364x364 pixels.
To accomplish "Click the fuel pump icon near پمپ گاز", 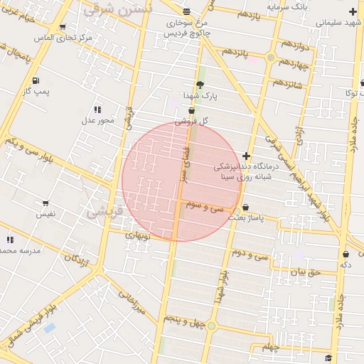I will [x=36, y=80].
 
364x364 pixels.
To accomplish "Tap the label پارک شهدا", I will [x=200, y=95].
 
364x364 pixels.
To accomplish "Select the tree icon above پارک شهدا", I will [x=200, y=84].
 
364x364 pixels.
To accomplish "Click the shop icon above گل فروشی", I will [x=191, y=109].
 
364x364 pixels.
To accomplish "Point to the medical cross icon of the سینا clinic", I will [x=246, y=156].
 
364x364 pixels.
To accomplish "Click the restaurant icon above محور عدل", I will [x=97, y=109].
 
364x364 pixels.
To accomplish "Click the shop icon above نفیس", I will [x=45, y=203].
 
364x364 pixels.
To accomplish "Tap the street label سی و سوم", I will [x=205, y=205].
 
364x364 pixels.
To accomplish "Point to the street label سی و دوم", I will [x=253, y=252].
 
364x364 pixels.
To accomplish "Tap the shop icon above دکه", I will [x=346, y=254].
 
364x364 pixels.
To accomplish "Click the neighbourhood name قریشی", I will [x=105, y=211].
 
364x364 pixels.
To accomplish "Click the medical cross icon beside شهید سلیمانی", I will [x=353, y=11].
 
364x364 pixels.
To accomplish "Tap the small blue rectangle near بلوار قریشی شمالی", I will [x=49, y=328].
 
